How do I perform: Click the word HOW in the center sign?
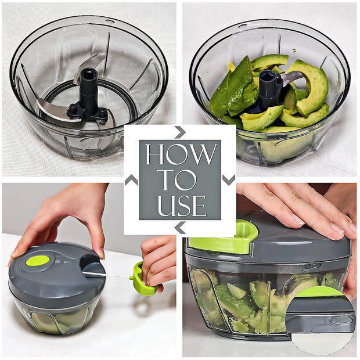(x=181, y=154)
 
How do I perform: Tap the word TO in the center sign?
(x=179, y=180)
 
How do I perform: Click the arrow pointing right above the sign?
(x=180, y=132)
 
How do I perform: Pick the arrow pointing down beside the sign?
(x=229, y=180)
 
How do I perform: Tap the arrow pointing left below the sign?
(x=180, y=228)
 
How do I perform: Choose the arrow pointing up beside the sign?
(x=131, y=180)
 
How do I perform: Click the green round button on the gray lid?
(x=38, y=261)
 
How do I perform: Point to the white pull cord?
(x=107, y=275)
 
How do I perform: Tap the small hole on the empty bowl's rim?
(x=110, y=21)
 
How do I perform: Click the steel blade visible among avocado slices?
(x=293, y=77)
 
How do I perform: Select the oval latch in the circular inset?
(x=341, y=320)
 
